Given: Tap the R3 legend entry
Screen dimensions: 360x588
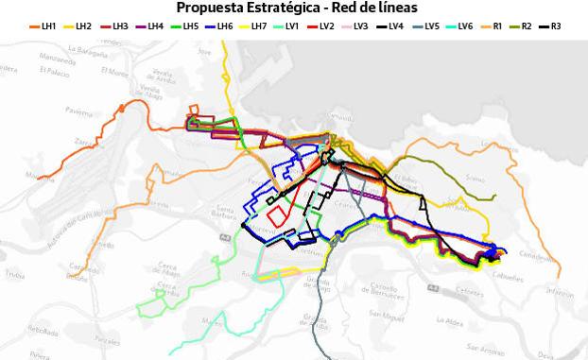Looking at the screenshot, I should point(555,26).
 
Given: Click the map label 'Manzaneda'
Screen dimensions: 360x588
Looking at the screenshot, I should point(58,58).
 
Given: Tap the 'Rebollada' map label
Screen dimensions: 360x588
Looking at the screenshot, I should point(43,331).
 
